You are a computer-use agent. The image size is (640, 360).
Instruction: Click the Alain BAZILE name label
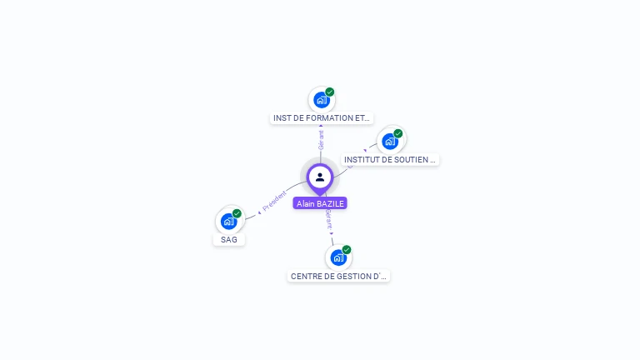click(320, 203)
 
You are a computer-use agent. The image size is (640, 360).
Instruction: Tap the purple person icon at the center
click(320, 177)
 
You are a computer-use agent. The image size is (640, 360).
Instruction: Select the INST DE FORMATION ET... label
click(322, 118)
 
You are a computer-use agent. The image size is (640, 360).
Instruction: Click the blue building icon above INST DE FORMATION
click(321, 100)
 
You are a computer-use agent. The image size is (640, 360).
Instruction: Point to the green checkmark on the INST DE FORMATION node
click(330, 92)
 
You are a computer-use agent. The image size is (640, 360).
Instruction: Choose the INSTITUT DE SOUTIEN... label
click(390, 159)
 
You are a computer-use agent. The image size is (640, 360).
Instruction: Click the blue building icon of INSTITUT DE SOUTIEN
click(389, 142)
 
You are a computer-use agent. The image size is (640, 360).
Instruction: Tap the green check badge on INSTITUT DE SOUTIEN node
click(398, 133)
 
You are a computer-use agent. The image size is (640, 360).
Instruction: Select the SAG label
click(229, 240)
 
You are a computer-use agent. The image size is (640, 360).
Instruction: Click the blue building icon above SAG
click(228, 222)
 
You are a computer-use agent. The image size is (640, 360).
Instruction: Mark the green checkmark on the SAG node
click(237, 213)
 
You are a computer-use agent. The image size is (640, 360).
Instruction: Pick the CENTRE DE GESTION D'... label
click(338, 276)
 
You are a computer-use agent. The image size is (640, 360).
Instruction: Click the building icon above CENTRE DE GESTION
click(337, 257)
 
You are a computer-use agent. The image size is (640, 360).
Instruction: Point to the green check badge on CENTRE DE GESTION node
click(347, 249)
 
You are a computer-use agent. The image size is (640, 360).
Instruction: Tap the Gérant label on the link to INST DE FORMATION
click(321, 139)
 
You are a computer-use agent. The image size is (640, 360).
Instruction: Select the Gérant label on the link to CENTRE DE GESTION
click(328, 218)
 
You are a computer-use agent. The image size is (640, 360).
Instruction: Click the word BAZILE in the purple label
click(329, 203)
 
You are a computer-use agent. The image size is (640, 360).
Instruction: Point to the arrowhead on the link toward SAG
click(259, 212)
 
